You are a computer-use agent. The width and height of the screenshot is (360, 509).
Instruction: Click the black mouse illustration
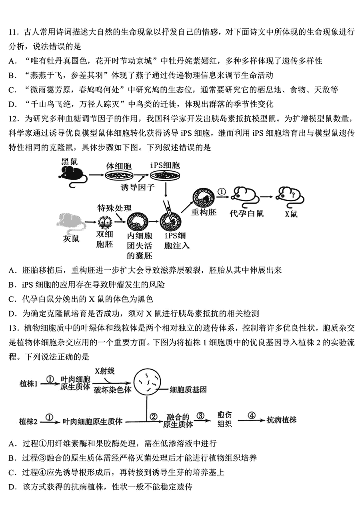[73, 176]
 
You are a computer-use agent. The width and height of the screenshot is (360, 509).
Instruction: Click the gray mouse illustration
[71, 224]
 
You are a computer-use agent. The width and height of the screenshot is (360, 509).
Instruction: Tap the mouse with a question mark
[290, 197]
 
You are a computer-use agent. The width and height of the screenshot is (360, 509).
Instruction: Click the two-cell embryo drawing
[105, 222]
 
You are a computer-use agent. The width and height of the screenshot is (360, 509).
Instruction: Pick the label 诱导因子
[138, 187]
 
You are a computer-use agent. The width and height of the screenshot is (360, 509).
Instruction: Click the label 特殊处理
[114, 208]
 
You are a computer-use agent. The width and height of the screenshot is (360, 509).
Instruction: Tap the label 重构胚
[204, 212]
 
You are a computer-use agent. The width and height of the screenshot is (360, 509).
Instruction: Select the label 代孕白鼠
[246, 213]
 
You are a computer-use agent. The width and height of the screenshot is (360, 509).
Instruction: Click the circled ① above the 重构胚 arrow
[222, 192]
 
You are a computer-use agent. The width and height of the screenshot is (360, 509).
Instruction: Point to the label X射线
[105, 371]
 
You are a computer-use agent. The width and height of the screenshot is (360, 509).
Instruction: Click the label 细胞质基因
[188, 390]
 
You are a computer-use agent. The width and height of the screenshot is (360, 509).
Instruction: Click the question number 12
[13, 119]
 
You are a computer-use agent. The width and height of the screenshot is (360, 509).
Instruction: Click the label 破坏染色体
[113, 390]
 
